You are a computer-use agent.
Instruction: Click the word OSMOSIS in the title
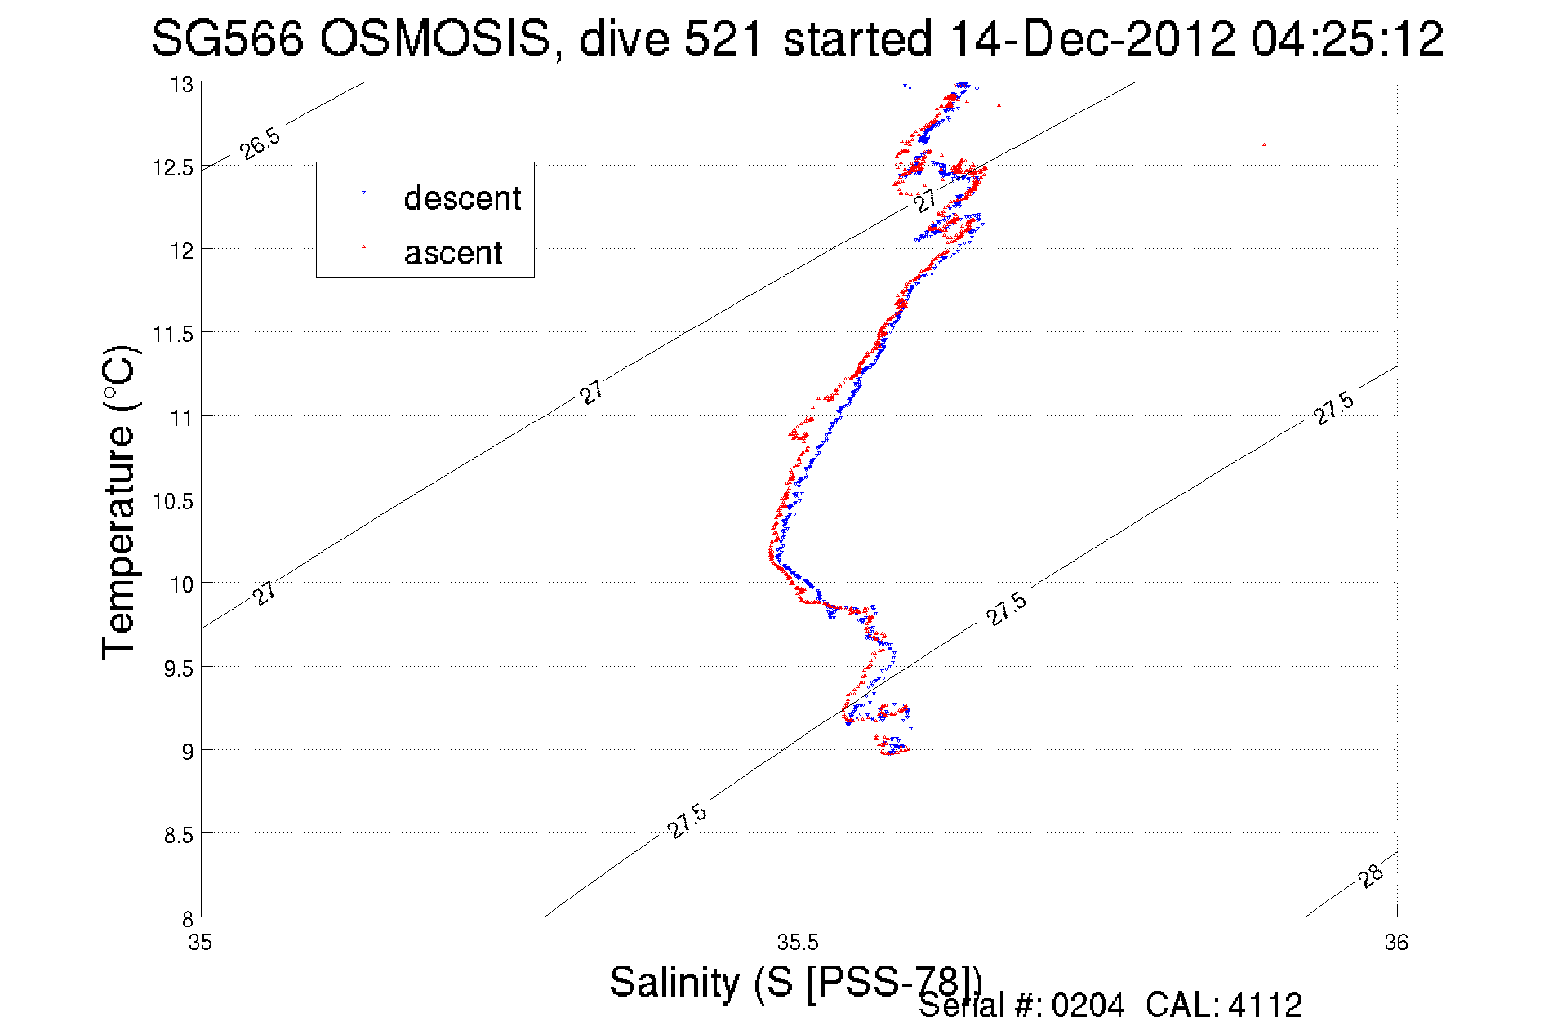click(x=435, y=38)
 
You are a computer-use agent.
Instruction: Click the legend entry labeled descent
click(x=462, y=198)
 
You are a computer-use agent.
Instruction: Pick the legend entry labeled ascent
click(x=453, y=253)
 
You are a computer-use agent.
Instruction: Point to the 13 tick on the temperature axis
click(x=181, y=85)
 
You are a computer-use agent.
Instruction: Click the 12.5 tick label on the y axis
click(x=173, y=168)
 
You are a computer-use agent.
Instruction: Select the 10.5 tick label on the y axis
click(x=173, y=501)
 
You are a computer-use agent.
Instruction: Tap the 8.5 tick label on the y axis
click(x=179, y=835)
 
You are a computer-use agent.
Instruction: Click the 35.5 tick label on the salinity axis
click(x=798, y=943)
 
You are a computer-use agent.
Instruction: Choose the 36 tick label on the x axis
click(x=1396, y=943)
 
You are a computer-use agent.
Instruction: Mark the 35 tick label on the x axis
click(x=201, y=943)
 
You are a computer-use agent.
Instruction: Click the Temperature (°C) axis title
click(x=118, y=504)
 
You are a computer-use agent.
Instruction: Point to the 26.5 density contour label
click(x=260, y=144)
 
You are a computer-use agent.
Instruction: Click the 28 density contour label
click(x=1372, y=876)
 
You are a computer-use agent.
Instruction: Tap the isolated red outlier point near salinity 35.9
click(x=1264, y=145)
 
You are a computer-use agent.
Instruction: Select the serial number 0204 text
click(x=1088, y=1006)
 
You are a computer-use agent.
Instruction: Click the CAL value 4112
click(x=1265, y=1006)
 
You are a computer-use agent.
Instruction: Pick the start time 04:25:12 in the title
click(x=1348, y=38)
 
